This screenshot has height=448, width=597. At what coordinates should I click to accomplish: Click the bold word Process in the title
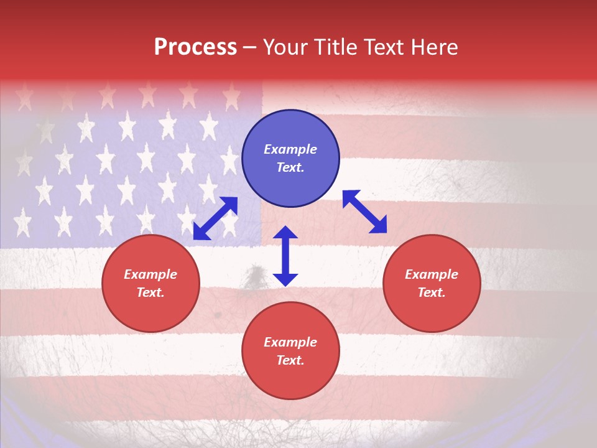pyautogui.click(x=195, y=47)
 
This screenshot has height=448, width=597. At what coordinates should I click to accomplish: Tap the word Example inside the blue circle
pyautogui.click(x=290, y=149)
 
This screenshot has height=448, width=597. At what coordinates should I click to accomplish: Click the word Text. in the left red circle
pyautogui.click(x=150, y=292)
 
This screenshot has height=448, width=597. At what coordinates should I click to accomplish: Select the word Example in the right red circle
pyautogui.click(x=432, y=274)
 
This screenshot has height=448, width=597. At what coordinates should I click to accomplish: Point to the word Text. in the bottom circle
pyautogui.click(x=290, y=360)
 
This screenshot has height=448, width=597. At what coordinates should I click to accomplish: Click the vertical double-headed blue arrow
pyautogui.click(x=285, y=256)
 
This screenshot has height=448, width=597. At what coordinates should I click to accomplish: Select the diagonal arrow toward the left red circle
pyautogui.click(x=215, y=218)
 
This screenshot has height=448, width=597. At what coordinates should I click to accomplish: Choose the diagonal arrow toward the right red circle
pyautogui.click(x=364, y=212)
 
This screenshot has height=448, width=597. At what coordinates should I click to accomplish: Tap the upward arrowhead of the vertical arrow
pyautogui.click(x=285, y=233)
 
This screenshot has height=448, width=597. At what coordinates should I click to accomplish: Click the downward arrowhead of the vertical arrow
pyautogui.click(x=285, y=279)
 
